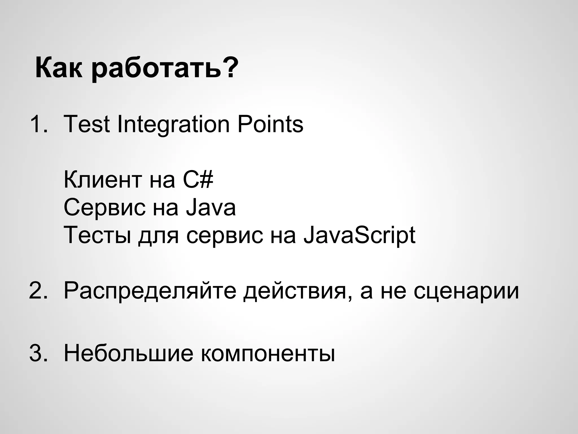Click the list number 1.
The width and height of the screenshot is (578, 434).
[x=38, y=124]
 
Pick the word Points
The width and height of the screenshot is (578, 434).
[x=270, y=124]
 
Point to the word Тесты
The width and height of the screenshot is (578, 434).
[x=97, y=235]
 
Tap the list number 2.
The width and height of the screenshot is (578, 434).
[x=38, y=291]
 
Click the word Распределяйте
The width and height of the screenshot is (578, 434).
[x=150, y=291]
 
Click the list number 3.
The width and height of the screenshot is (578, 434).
[x=38, y=353]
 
